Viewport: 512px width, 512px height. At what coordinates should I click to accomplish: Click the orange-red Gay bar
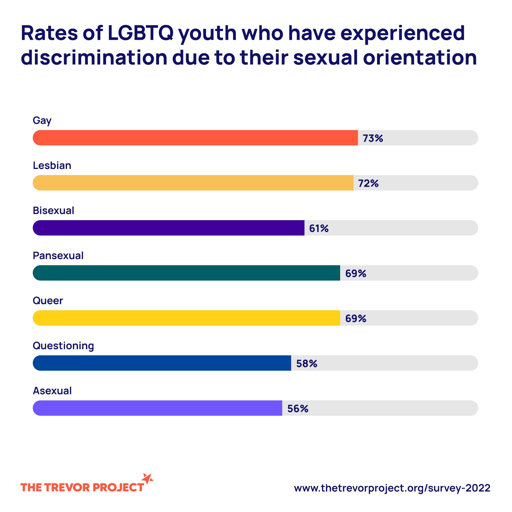[195, 138]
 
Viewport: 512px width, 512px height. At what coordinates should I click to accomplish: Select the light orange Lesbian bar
[193, 183]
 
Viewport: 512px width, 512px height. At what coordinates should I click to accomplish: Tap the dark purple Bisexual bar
[168, 228]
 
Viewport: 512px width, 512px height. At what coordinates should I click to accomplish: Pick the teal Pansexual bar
[186, 273]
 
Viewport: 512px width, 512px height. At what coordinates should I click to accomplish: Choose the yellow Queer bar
[186, 318]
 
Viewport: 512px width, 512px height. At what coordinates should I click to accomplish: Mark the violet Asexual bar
[157, 408]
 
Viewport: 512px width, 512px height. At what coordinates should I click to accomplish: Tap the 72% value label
[368, 183]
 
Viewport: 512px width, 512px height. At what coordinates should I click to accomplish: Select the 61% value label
[319, 228]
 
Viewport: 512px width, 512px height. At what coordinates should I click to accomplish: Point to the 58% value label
[307, 364]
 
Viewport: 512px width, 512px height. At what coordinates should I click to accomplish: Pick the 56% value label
[298, 409]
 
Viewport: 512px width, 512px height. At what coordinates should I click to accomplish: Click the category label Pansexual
[58, 256]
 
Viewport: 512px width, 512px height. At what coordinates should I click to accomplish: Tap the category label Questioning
[63, 346]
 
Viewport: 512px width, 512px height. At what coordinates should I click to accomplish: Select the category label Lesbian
[52, 166]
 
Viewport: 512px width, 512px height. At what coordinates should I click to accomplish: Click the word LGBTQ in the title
[141, 33]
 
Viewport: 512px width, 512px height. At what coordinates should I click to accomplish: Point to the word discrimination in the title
[94, 58]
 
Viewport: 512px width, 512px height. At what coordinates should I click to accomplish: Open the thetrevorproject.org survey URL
[392, 488]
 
